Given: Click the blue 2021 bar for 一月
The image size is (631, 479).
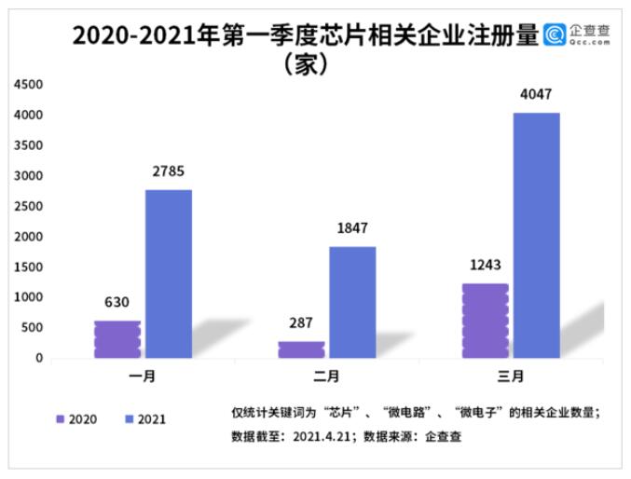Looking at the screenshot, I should pos(169,274).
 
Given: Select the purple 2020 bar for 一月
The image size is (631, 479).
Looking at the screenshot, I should pos(117,339).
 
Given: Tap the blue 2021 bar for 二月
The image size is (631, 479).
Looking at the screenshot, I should pos(352,302).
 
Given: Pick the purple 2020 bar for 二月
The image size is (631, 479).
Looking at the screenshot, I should pos(301,349).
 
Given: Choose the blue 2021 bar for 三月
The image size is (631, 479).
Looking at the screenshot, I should pos(536,235).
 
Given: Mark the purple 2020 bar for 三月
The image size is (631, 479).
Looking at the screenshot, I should pos(485,321).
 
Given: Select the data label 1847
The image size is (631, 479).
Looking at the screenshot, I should pos(352,228).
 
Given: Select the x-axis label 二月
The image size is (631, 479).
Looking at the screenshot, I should pos(327,376).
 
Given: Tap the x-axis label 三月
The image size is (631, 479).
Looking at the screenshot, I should pos(511,376).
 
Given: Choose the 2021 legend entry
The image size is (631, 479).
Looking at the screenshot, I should pos(144,419).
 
